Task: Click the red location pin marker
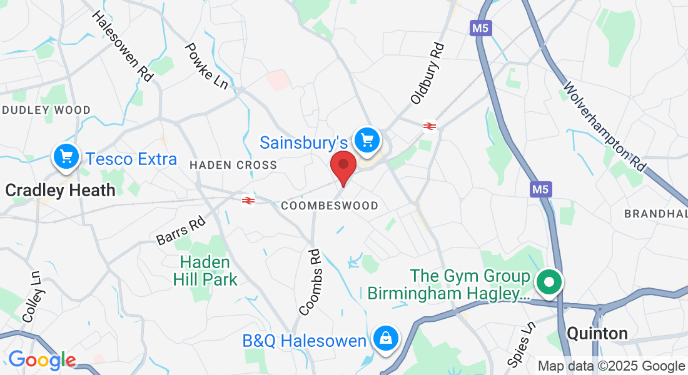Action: [x=343, y=165]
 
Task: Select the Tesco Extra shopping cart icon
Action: [x=66, y=156]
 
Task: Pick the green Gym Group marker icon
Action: [x=549, y=281]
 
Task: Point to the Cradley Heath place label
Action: [x=60, y=190]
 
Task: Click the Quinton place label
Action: [x=597, y=333]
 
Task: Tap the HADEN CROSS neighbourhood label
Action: [x=233, y=165]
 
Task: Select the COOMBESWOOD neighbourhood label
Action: [x=330, y=206]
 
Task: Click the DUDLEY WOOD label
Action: [x=47, y=110]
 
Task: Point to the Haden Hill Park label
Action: [x=205, y=271]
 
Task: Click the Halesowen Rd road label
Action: [x=123, y=46]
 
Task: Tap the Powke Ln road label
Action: [x=207, y=65]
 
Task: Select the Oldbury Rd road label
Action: [x=427, y=73]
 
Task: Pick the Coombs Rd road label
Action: [x=310, y=282]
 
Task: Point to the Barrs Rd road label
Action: [x=181, y=231]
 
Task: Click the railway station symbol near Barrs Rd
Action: [x=248, y=200]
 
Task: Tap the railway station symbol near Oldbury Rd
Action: [x=429, y=126]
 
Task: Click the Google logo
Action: [x=42, y=361]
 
